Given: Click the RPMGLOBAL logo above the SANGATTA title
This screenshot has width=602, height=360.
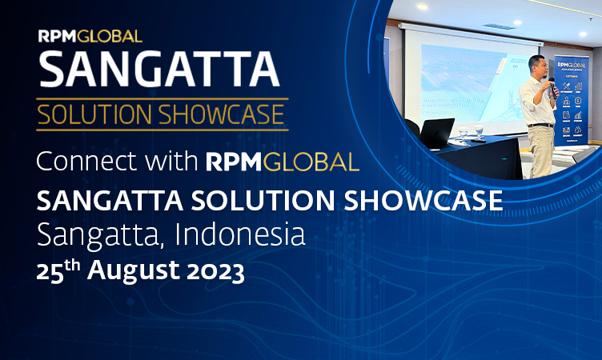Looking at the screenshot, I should click(90, 35).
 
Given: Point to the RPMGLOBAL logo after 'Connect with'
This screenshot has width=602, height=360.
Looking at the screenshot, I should click(282, 161).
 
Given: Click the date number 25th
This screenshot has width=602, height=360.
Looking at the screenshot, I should click(58, 270).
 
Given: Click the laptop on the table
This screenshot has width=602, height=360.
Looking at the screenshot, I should click(436, 132).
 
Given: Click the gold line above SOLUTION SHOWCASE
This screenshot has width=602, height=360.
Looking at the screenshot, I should click(160, 99).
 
